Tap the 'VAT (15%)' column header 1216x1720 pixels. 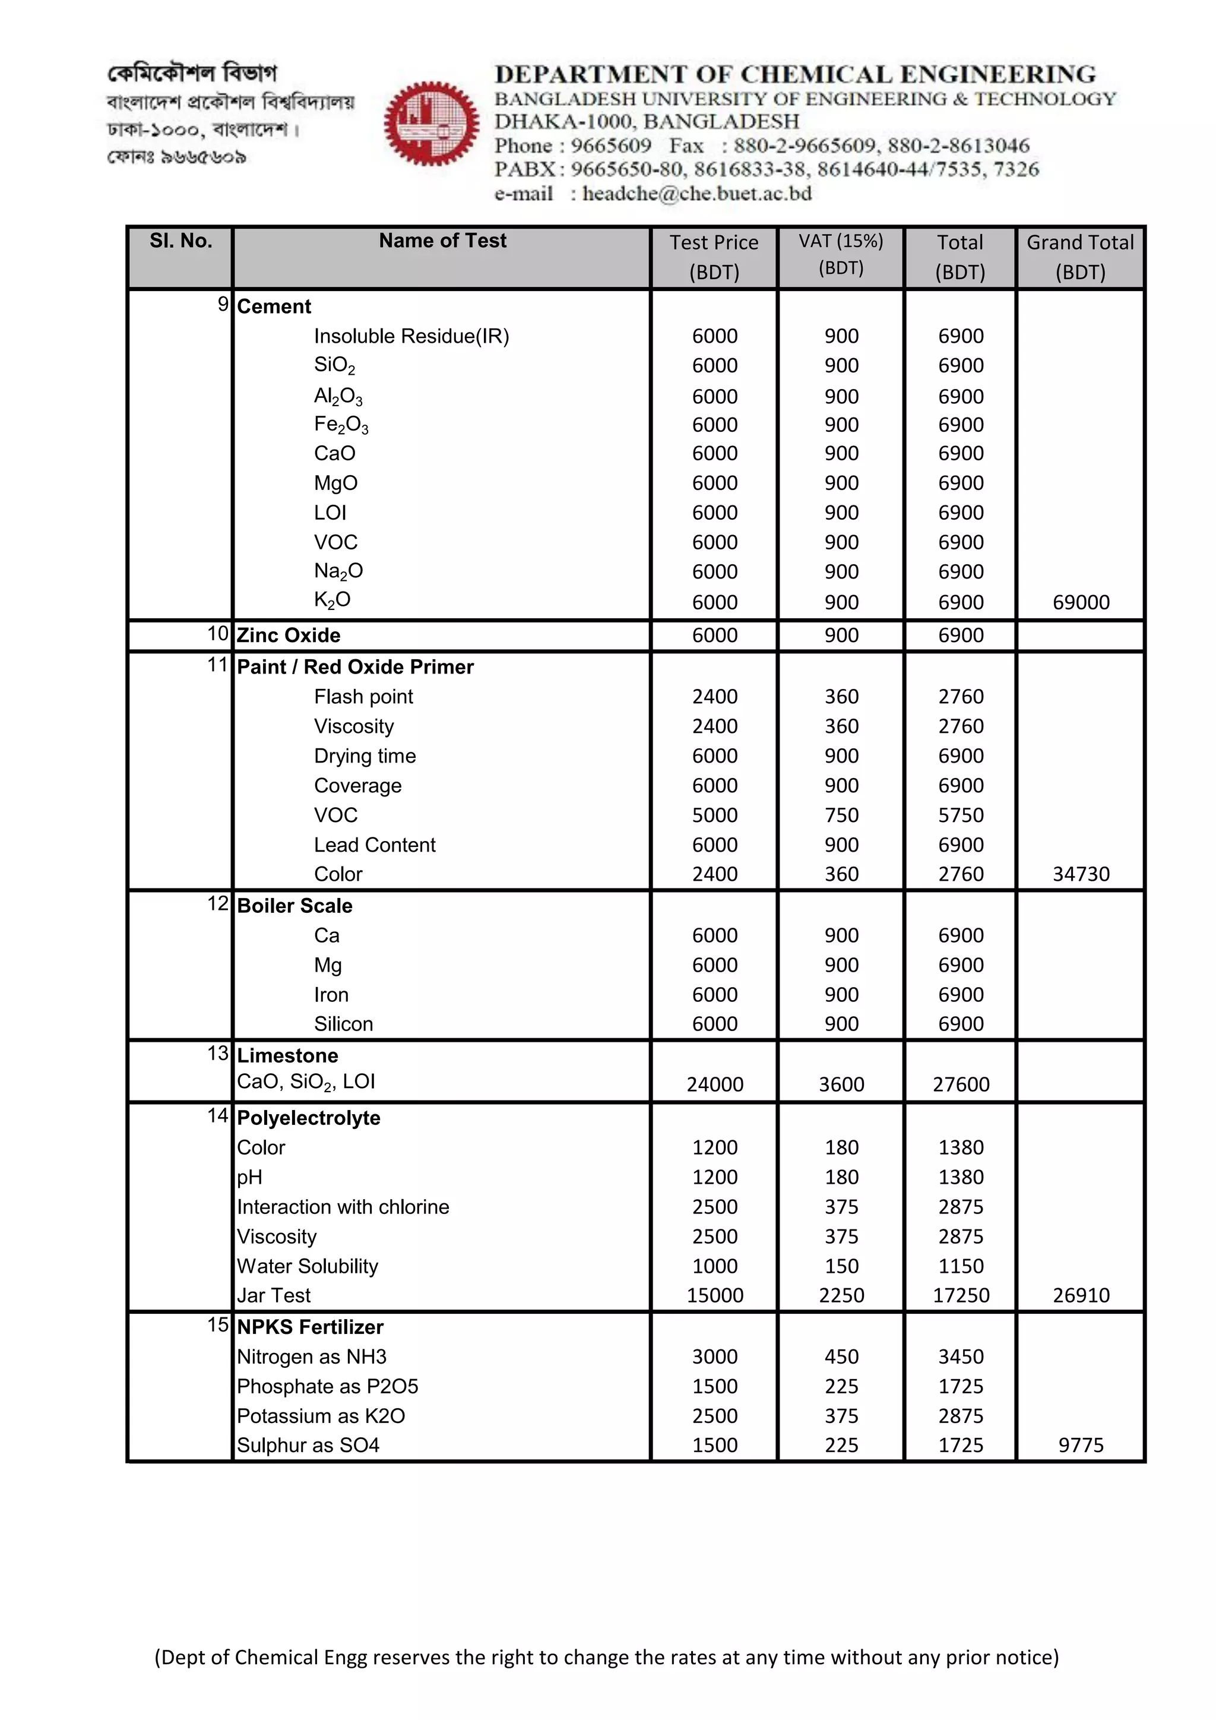[x=841, y=254]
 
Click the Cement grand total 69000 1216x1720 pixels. [x=1081, y=602]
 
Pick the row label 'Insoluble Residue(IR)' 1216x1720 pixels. [x=411, y=336]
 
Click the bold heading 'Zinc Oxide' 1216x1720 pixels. [x=289, y=635]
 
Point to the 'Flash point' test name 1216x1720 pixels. [x=363, y=697]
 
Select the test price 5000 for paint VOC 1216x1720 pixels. [x=714, y=815]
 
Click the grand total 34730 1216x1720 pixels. [x=1081, y=874]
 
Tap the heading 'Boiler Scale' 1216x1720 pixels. [x=294, y=906]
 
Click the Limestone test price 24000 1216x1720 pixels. [x=714, y=1084]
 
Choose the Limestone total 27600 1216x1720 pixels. [x=961, y=1084]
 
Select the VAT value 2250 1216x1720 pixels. [x=841, y=1295]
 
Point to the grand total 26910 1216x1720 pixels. [x=1081, y=1295]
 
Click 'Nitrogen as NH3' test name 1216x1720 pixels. [x=312, y=1357]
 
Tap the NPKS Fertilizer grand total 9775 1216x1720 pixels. [x=1081, y=1445]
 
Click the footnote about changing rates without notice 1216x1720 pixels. [x=606, y=1657]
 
